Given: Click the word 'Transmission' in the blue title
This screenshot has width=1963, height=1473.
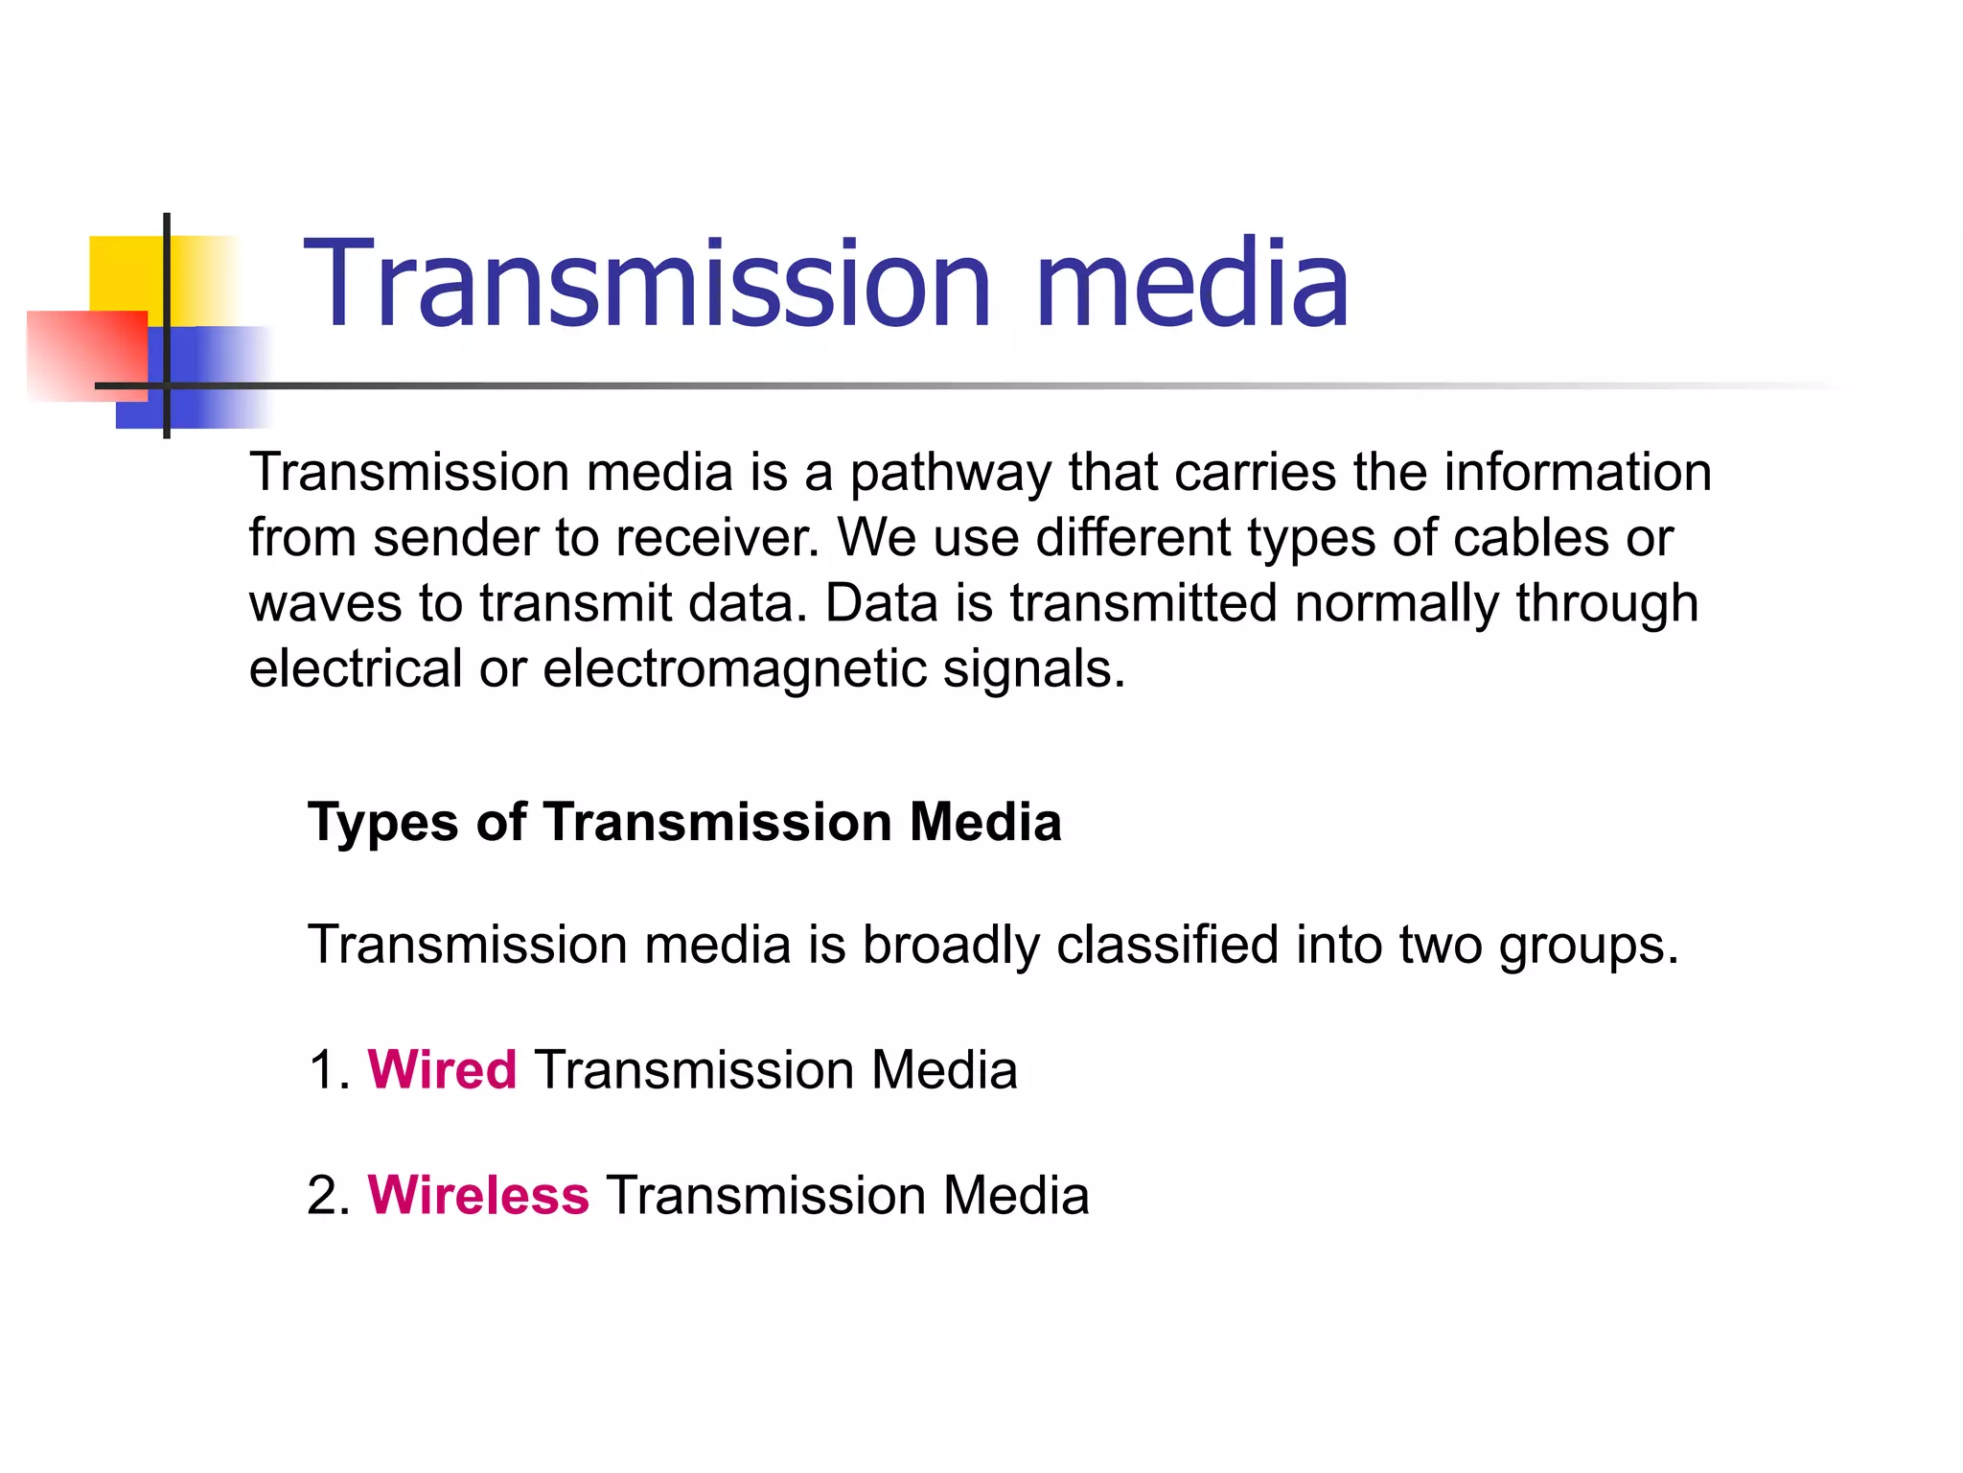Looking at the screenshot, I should point(647,285).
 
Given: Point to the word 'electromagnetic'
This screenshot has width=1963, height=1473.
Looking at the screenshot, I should point(734,668).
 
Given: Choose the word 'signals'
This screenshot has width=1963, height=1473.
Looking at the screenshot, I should point(1033,668).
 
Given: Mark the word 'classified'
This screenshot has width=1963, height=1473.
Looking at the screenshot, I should point(1167,946).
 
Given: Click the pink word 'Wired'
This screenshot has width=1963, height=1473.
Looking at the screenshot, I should point(442,1070).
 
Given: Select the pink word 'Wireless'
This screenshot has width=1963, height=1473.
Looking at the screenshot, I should point(478,1196).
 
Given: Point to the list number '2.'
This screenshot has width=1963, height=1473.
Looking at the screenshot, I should point(329,1196).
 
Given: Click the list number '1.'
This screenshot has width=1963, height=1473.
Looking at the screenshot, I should point(329,1070).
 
